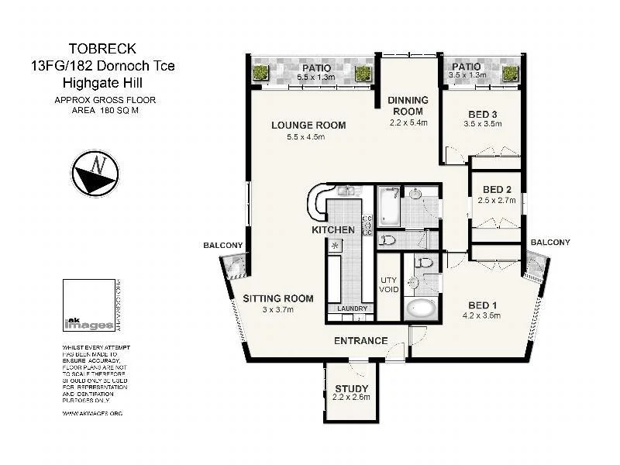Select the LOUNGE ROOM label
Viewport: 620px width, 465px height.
coord(308,126)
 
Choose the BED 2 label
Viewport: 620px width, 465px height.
coord(497,190)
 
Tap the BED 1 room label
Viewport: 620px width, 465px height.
coord(481,304)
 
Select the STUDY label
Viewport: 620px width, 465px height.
coord(351,389)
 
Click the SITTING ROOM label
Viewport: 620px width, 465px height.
coord(278,298)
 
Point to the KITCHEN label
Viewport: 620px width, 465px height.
coord(333,230)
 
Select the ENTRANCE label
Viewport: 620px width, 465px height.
coord(360,341)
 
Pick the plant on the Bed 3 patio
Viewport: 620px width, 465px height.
coord(509,74)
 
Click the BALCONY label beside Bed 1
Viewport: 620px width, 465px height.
coord(550,243)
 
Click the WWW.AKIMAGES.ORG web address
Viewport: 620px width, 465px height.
coord(92,413)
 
